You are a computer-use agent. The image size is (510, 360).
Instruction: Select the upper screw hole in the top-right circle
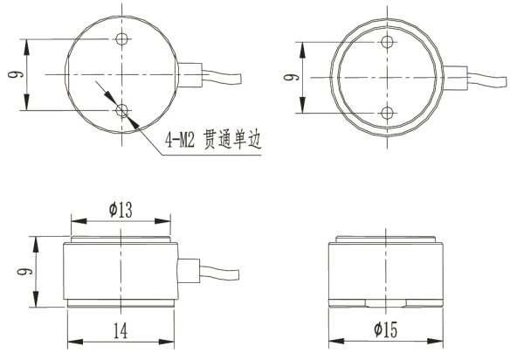pyautogui.click(x=385, y=40)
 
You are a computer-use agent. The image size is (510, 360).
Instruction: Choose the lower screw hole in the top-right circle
pyautogui.click(x=385, y=112)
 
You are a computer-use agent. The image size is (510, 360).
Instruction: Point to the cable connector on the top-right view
pyautogui.click(x=455, y=73)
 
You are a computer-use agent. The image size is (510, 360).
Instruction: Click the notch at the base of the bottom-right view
pyautogui.click(x=385, y=303)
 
